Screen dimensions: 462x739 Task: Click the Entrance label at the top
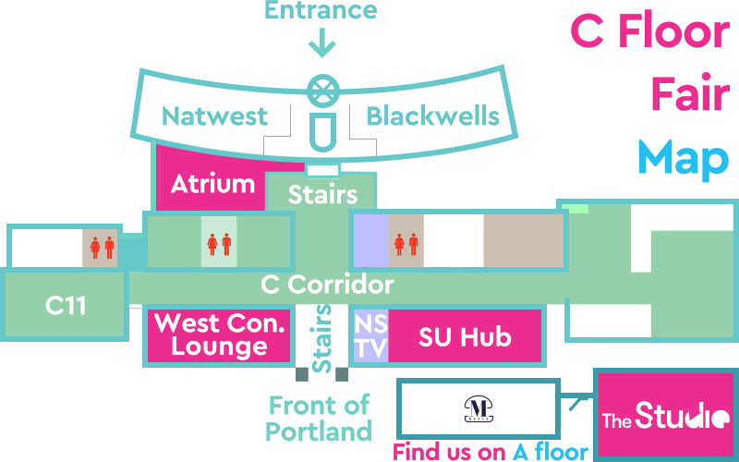pos(321,10)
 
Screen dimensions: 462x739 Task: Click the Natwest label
pos(214,116)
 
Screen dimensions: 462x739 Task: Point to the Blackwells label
pos(432,116)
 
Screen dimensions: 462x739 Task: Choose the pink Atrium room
pos(212,183)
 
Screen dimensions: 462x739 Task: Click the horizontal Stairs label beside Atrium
pos(322,195)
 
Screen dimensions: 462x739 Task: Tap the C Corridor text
pos(328,284)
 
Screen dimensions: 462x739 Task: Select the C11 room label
pos(66,306)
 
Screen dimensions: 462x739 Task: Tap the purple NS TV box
pos(370,335)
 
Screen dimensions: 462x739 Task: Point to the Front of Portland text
pos(319,418)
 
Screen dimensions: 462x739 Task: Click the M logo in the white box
pos(478,407)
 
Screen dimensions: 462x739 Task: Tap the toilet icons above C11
pos(102,247)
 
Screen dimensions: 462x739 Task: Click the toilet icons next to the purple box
pos(406,243)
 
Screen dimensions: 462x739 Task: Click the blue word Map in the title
pos(683,157)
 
